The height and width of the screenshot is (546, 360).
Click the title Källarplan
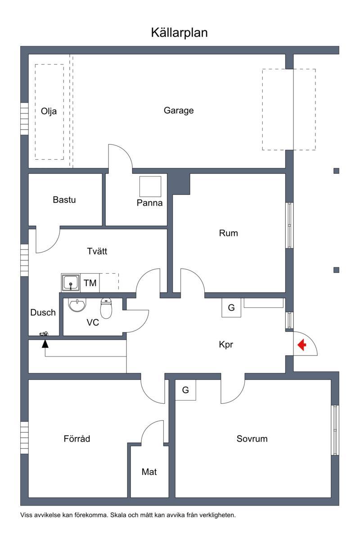[x=180, y=33]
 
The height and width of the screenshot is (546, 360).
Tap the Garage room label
[x=179, y=110]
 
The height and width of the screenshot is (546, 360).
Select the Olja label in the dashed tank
[x=49, y=111]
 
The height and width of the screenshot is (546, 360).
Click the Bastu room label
[x=64, y=200]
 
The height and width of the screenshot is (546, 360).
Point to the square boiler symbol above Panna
[x=150, y=186]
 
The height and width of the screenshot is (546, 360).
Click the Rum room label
[x=229, y=233]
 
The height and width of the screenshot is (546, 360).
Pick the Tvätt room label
[x=97, y=251]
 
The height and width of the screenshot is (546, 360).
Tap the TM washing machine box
[x=90, y=283]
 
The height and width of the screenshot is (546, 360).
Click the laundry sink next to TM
[x=71, y=283]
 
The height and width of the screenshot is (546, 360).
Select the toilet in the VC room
[x=106, y=308]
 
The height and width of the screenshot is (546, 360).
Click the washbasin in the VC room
[x=77, y=304]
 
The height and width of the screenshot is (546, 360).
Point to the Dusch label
[x=43, y=312]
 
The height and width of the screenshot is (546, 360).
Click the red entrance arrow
[x=302, y=345]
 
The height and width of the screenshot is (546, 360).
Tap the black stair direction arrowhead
[x=45, y=344]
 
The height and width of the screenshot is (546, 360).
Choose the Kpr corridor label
[x=226, y=345]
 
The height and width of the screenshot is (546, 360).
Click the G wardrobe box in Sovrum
[x=185, y=390]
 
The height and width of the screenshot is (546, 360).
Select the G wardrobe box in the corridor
[x=231, y=307]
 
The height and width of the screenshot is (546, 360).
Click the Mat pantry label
[x=149, y=472]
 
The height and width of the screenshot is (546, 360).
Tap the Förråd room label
[x=77, y=438]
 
